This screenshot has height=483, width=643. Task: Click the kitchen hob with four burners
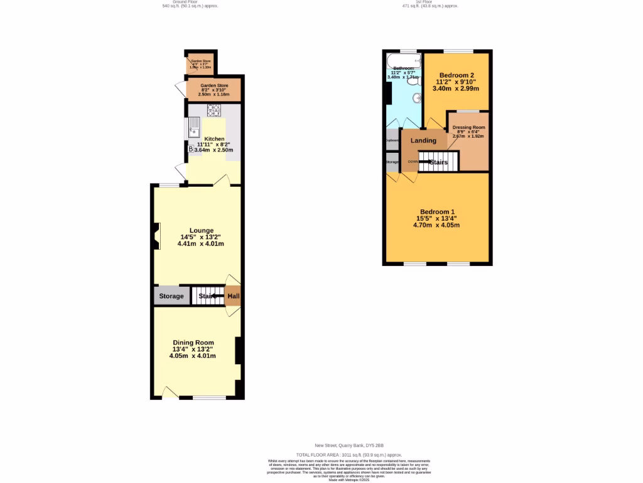coord(214,111)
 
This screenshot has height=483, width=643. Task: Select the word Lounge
coord(202,230)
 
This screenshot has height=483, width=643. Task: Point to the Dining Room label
coord(193,342)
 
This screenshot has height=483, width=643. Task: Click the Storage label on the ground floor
coord(171,296)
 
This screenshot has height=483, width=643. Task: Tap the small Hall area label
coord(233,296)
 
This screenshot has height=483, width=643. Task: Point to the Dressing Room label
coord(469,128)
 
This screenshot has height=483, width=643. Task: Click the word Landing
coord(423,140)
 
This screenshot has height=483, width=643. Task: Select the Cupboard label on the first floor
coord(392,140)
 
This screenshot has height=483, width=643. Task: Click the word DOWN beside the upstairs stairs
coord(413,162)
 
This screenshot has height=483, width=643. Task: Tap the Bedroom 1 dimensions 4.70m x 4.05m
coord(436,225)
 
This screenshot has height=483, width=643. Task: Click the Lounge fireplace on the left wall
coord(154,236)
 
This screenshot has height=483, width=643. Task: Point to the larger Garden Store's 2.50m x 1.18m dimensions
coord(214,94)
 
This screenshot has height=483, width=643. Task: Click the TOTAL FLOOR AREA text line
coord(349,454)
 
